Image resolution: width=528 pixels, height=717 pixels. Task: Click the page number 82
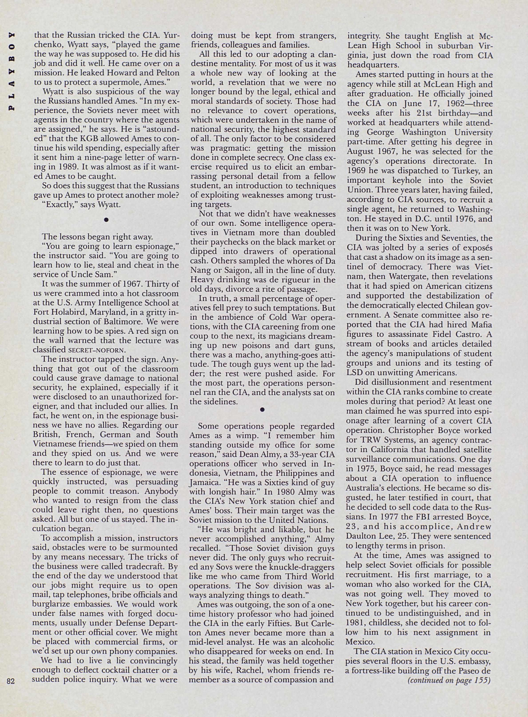click(10, 681)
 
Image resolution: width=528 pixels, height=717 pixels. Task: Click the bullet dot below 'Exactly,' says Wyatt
click(106, 220)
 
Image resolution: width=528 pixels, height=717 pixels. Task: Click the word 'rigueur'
click(297, 280)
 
